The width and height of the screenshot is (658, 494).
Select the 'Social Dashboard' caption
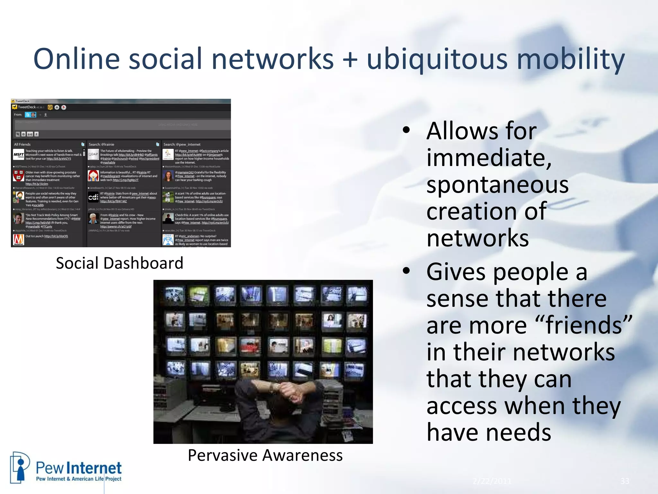click(120, 263)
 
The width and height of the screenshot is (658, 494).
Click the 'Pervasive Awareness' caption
click(265, 455)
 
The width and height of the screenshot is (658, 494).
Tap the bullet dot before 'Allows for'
click(406, 130)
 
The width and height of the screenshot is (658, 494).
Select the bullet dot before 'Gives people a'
click(406, 270)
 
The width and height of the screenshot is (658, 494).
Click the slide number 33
click(625, 481)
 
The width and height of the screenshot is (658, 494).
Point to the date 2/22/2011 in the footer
click(492, 481)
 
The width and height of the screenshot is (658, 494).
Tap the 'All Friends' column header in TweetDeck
click(22, 144)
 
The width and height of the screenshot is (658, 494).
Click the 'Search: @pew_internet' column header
click(182, 144)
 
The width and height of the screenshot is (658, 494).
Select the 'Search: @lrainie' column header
click(102, 144)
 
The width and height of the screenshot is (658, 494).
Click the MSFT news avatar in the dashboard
click(19, 155)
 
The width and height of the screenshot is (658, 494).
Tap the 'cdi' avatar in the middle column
click(93, 197)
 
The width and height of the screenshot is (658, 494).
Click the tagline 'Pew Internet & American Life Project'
click(79, 479)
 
